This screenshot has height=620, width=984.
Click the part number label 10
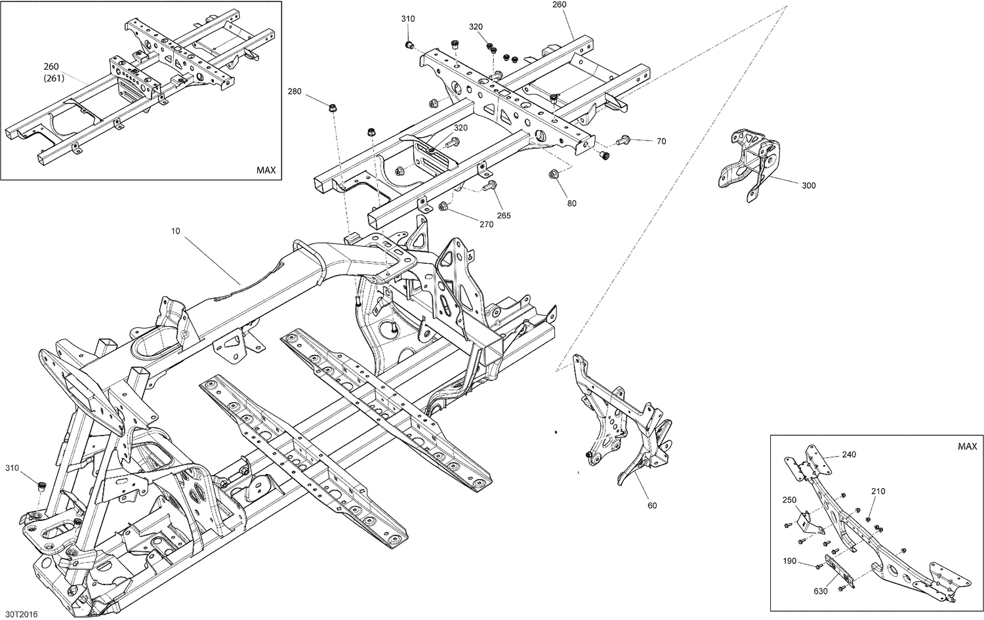pyautogui.click(x=175, y=231)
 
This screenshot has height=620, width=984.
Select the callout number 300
pyautogui.click(x=809, y=186)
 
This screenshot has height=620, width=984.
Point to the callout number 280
pyautogui.click(x=295, y=92)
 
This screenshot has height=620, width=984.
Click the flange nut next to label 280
pyautogui.click(x=333, y=106)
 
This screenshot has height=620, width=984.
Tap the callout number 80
pyautogui.click(x=572, y=203)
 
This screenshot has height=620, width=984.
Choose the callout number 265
pyautogui.click(x=504, y=216)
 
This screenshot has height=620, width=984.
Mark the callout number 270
pyautogui.click(x=486, y=224)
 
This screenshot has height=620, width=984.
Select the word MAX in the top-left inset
pyautogui.click(x=266, y=170)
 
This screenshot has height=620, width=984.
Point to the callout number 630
pyautogui.click(x=820, y=591)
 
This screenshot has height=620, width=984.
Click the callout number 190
pyautogui.click(x=789, y=561)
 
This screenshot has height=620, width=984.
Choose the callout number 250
pyautogui.click(x=789, y=500)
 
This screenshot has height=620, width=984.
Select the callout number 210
pyautogui.click(x=878, y=491)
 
